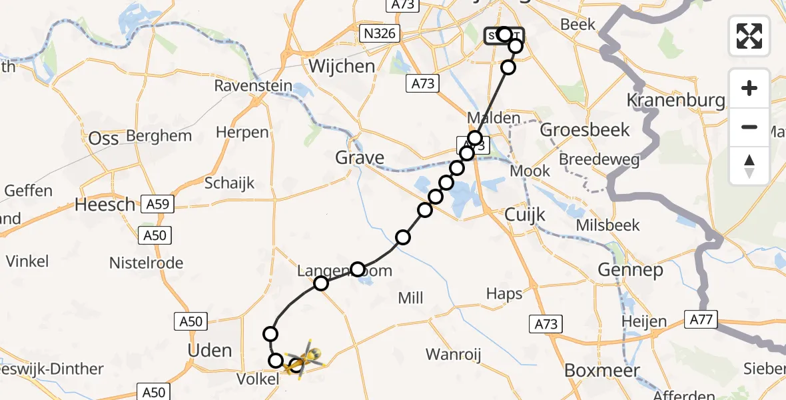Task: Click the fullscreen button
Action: (x=749, y=35)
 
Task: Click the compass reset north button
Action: (x=749, y=166)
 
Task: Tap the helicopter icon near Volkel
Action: (x=304, y=359)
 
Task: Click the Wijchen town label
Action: (x=342, y=66)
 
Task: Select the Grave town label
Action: (x=360, y=158)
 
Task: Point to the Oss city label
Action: (x=104, y=138)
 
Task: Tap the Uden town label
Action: (x=210, y=351)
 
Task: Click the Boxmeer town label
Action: (x=601, y=371)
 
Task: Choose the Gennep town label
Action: (x=630, y=270)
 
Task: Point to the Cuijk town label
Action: (x=525, y=215)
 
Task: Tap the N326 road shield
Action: (x=378, y=33)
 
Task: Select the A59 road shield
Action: (x=157, y=204)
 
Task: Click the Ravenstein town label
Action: (x=244, y=86)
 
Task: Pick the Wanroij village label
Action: (x=453, y=354)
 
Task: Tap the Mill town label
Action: (x=410, y=298)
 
